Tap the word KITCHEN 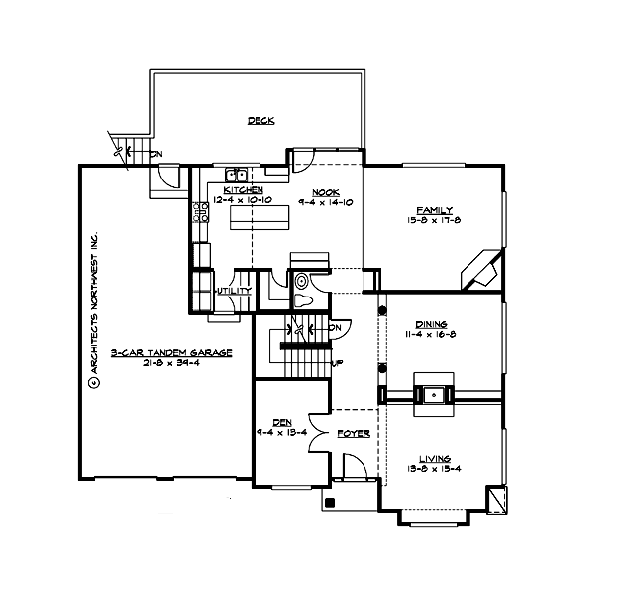coord(243,190)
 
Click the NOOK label coord(326,191)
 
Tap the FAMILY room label coord(434,210)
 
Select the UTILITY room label coord(234,291)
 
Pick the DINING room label coord(432,324)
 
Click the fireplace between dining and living coord(434,394)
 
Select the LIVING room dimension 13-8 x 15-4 coord(433,469)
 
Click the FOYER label coord(354,433)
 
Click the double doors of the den coord(321,434)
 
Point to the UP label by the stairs coord(339,362)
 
